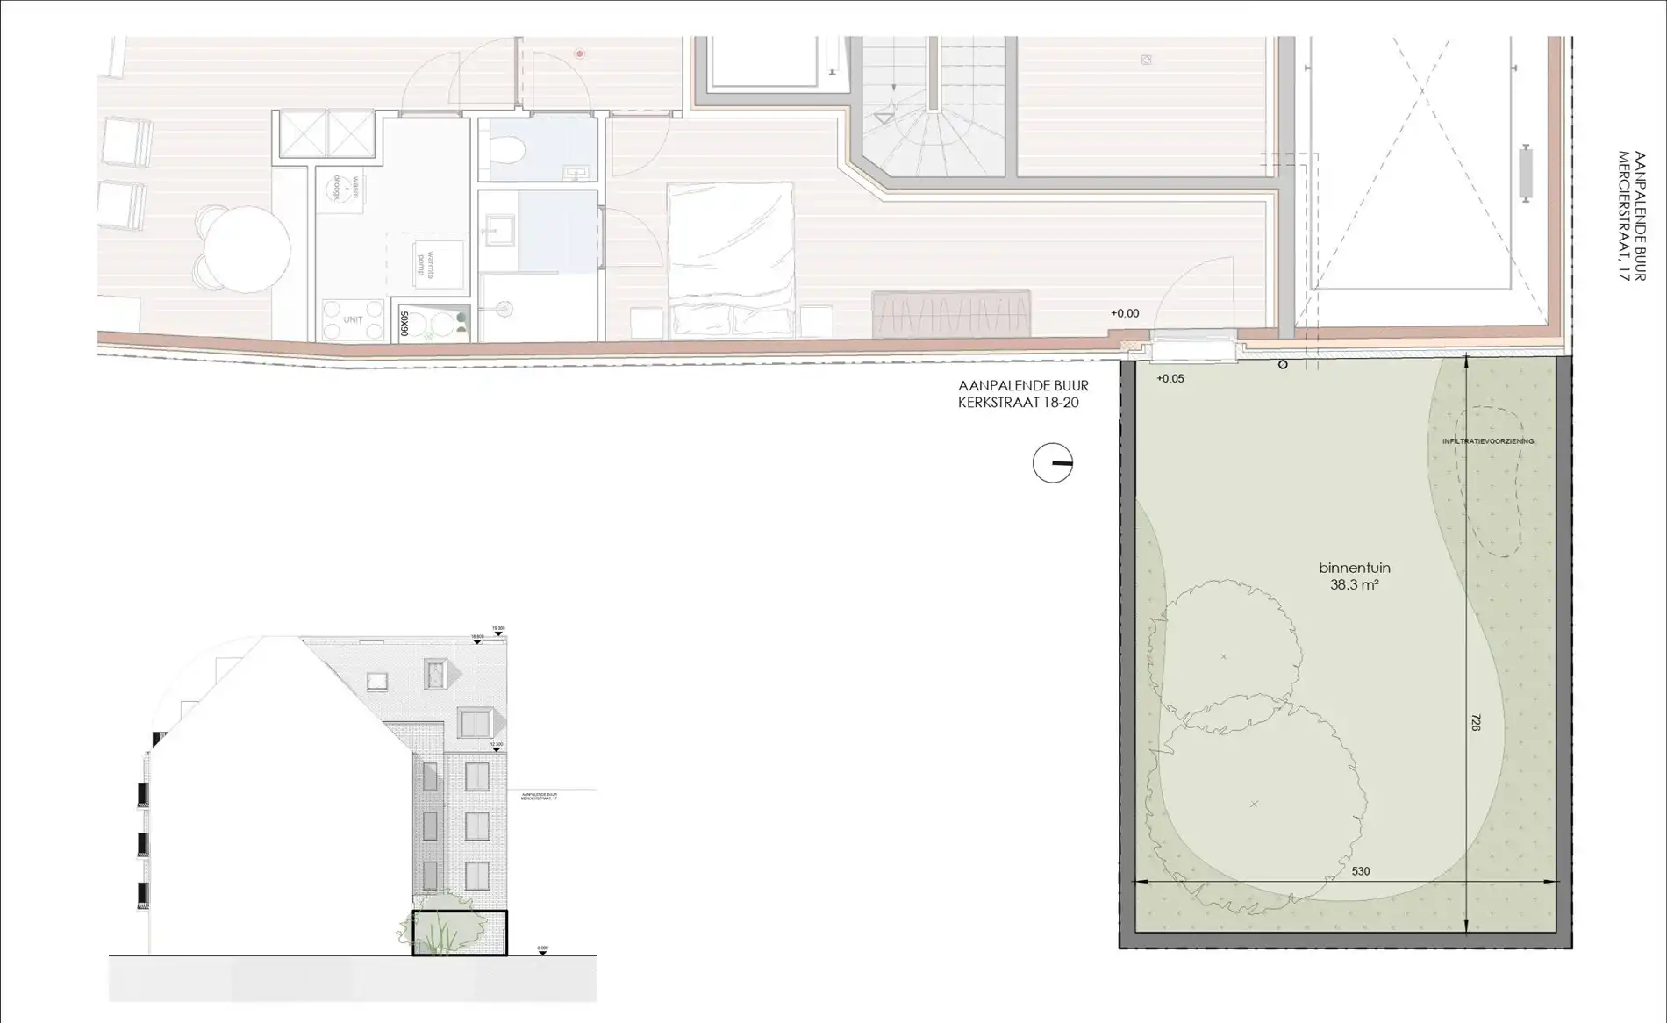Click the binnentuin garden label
pos(1354,568)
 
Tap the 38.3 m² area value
pos(1354,584)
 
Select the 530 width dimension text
pos(1360,871)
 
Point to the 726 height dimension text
pos(1476,723)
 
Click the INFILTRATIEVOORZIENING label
pos(1488,441)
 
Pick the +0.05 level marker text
pos(1170,379)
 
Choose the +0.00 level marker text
pos(1124,313)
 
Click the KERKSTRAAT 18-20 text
pos(1018,403)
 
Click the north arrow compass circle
pos(1052,463)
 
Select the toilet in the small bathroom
pos(506,152)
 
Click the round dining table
pos(247,249)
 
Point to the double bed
pos(731,259)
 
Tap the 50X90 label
pos(404,323)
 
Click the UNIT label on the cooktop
pos(353,320)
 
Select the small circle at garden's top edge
pos(1283,364)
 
